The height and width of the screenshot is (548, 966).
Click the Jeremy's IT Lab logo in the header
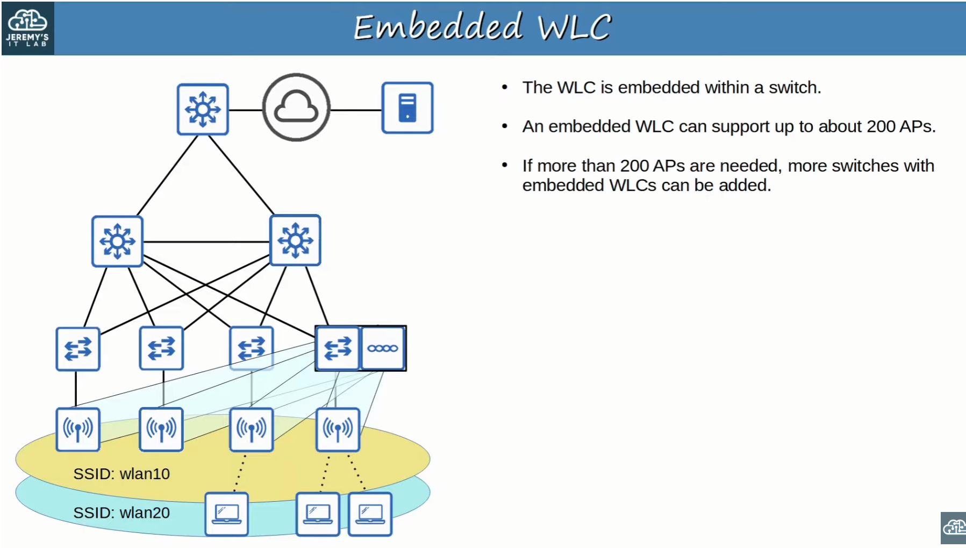pyautogui.click(x=27, y=28)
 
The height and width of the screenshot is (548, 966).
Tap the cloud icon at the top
pyautogui.click(x=296, y=108)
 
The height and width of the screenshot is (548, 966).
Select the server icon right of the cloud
pyautogui.click(x=407, y=108)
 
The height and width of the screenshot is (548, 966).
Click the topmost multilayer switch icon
pyautogui.click(x=203, y=109)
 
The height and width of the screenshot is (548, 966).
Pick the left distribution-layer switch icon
pyautogui.click(x=117, y=241)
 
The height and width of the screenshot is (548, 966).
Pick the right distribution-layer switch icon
pyautogui.click(x=295, y=240)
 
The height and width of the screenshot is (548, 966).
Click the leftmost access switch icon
pyautogui.click(x=78, y=349)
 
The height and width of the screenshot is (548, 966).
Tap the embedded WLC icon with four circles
pyautogui.click(x=383, y=348)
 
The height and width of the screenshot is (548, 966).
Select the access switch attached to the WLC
pyautogui.click(x=338, y=348)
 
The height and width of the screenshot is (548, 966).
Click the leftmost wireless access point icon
pyautogui.click(x=78, y=429)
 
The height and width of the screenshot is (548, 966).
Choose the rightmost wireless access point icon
pyautogui.click(x=338, y=429)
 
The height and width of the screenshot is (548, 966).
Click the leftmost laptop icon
pyautogui.click(x=226, y=514)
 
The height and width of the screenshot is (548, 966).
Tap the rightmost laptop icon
pyautogui.click(x=370, y=514)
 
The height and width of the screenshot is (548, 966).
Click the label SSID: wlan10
pyautogui.click(x=121, y=474)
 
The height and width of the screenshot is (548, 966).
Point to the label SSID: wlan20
pyautogui.click(x=121, y=513)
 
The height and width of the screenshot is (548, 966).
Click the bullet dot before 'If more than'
pyautogui.click(x=504, y=165)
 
